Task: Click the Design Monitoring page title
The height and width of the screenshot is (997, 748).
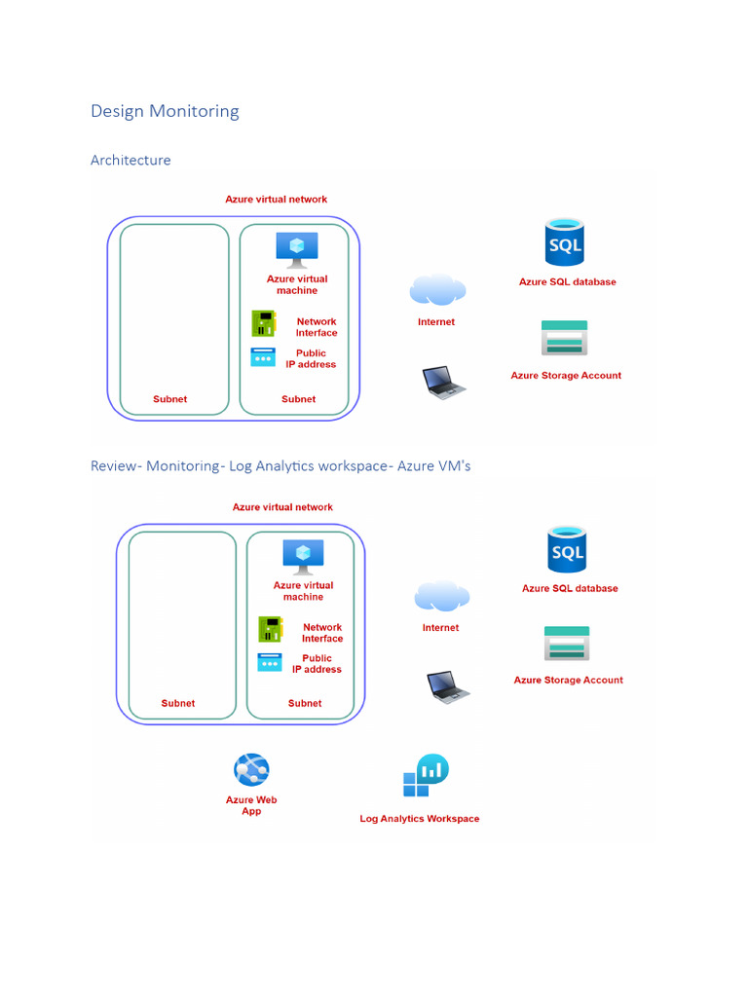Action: [165, 111]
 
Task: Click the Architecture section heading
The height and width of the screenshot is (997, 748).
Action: [131, 160]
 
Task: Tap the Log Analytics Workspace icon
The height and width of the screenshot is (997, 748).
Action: [426, 776]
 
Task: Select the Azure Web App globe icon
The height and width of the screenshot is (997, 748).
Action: [251, 770]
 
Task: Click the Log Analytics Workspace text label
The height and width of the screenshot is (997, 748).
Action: [419, 819]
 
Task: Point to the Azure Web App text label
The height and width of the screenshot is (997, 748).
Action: [251, 805]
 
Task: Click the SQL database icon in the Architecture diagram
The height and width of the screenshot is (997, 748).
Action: [564, 243]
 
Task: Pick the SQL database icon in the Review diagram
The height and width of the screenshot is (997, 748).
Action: [567, 549]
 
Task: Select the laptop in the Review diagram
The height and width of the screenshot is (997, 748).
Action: [447, 686]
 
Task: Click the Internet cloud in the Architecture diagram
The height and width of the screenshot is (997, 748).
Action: [437, 290]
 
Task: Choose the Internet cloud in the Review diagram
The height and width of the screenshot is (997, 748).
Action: [441, 596]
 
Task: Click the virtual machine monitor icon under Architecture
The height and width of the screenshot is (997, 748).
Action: [296, 249]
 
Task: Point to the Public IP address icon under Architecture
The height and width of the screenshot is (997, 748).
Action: [263, 357]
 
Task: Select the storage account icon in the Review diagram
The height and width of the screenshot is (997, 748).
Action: [566, 644]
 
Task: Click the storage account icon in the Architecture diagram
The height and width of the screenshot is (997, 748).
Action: [564, 338]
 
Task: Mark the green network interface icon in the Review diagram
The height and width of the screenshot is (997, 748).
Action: [271, 629]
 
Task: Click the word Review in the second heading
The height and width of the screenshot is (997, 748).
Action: [114, 466]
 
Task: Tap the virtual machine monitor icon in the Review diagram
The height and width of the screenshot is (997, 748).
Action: [303, 556]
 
